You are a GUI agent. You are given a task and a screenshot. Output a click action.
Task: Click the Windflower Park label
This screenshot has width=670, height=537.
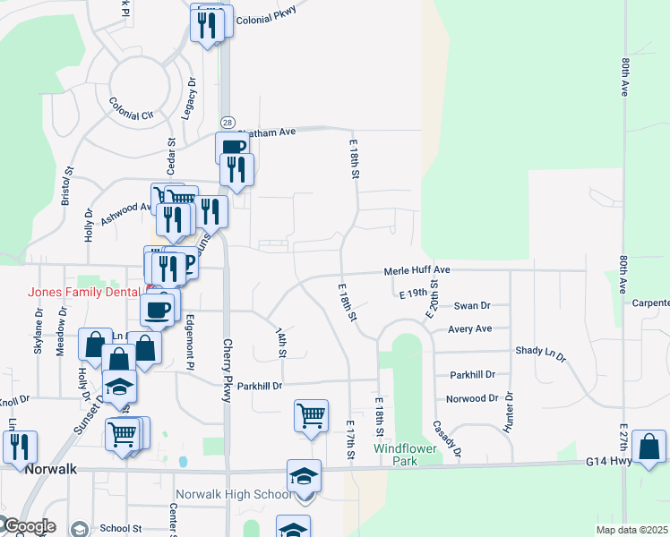pyautogui.click(x=402, y=454)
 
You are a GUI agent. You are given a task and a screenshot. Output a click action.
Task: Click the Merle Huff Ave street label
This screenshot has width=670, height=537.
pyautogui.click(x=417, y=270)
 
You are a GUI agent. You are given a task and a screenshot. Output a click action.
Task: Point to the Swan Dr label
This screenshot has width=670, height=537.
pyautogui.click(x=472, y=305)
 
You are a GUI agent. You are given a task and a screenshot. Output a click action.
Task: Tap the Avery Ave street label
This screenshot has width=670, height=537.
pyautogui.click(x=470, y=328)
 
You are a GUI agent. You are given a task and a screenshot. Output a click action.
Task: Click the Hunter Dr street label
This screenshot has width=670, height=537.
pyautogui.click(x=510, y=408)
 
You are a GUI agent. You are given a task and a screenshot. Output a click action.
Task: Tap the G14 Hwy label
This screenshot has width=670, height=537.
pyautogui.click(x=610, y=462)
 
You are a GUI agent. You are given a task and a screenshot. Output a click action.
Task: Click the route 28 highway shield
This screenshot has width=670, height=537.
pyautogui.click(x=228, y=122)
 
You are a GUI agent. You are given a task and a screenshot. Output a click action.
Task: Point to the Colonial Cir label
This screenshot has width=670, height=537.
pyautogui.click(x=132, y=115)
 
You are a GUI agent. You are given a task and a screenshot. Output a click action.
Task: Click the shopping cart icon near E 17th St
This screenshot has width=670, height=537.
pyautogui.click(x=311, y=415)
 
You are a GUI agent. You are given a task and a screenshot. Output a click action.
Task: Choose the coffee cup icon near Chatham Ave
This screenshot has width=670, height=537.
pyautogui.click(x=231, y=147)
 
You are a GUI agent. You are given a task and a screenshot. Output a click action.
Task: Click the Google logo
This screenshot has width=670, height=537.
pyautogui.click(x=29, y=526)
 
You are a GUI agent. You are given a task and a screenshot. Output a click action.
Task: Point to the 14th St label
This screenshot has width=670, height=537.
pyautogui.click(x=281, y=341)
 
